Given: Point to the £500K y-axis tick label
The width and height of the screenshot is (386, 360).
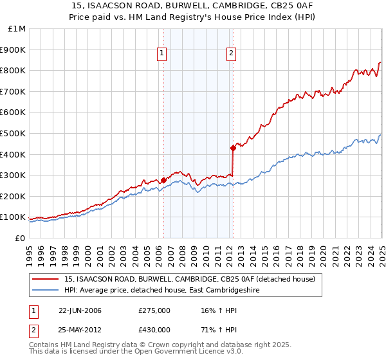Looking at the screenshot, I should pyautogui.click(x=14, y=134).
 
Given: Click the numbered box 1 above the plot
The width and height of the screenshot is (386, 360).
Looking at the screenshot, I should pyautogui.click(x=161, y=54).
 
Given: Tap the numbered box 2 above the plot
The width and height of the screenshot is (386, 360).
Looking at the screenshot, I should pyautogui.click(x=230, y=54).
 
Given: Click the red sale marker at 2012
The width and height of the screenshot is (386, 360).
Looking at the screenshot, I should pyautogui.click(x=233, y=148).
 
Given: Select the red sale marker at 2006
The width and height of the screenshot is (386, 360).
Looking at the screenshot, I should pyautogui.click(x=163, y=180).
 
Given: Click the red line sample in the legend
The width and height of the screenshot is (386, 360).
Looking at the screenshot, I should pyautogui.click(x=46, y=279).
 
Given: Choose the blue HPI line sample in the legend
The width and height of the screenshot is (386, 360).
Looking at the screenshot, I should pyautogui.click(x=46, y=291).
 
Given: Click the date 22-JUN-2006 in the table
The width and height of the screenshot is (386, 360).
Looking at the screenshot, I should pyautogui.click(x=80, y=310).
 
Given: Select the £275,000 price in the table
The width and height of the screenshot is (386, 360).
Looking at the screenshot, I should pyautogui.click(x=154, y=310).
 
